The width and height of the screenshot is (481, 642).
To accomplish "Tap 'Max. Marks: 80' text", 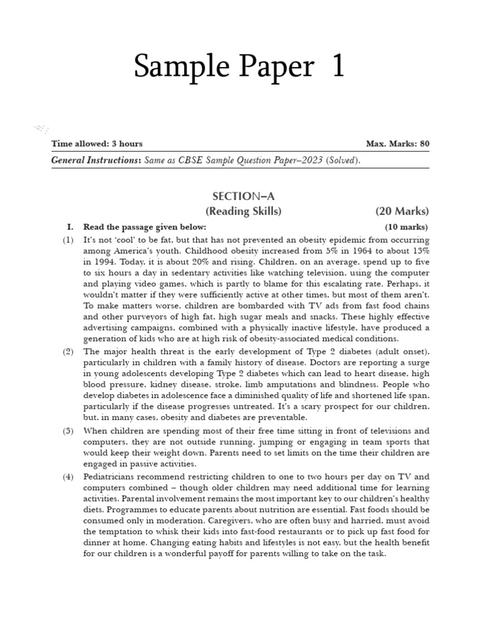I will coord(398,144).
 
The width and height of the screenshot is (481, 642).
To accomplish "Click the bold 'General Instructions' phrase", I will coord(96,160).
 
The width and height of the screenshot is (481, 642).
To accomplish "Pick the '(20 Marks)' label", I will coord(402,211).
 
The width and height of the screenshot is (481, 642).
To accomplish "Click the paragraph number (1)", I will coord(68,240).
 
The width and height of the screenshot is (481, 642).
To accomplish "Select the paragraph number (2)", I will coord(68,352).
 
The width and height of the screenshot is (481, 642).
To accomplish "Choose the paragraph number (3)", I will coord(68,431).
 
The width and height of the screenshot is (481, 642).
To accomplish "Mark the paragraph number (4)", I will coord(68,476).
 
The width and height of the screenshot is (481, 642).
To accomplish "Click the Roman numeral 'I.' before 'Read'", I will coord(71,227).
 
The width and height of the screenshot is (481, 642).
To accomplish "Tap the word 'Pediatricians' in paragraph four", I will coord(111,476).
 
